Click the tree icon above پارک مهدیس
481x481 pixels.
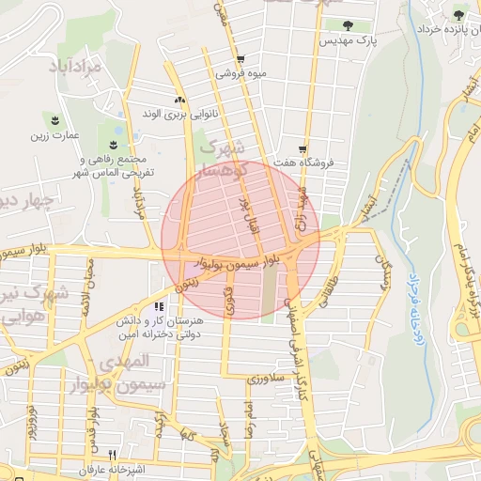(x=349, y=25)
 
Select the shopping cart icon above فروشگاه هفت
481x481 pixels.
(x=303, y=148)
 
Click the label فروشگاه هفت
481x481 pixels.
(x=303, y=163)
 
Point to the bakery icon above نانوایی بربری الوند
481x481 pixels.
(x=179, y=100)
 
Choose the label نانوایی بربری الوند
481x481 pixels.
(x=179, y=115)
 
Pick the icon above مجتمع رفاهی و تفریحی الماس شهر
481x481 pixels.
(x=113, y=144)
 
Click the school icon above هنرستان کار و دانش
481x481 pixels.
(x=160, y=306)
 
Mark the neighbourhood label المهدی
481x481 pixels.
(x=124, y=362)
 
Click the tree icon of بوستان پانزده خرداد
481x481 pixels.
(x=458, y=15)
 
